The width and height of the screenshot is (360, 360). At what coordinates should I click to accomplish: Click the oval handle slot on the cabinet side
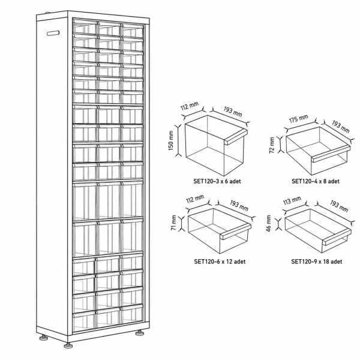point(53,33)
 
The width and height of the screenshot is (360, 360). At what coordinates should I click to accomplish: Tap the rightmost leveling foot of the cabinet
point(139,332)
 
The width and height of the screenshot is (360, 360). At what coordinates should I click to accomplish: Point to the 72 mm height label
point(272,145)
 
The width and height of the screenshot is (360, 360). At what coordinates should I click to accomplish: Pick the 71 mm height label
point(174,223)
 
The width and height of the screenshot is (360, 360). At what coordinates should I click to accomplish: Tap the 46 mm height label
point(269,223)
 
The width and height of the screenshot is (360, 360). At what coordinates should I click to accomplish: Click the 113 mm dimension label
point(292,201)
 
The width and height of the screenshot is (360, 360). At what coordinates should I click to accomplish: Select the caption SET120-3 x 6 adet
point(217,181)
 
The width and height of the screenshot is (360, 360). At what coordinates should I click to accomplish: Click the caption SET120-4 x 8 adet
point(316,181)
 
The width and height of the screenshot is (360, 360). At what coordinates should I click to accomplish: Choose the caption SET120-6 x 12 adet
point(220,262)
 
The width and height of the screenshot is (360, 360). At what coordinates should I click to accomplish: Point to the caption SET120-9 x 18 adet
point(317,262)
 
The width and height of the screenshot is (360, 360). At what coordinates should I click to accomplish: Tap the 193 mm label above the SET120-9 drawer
point(339,206)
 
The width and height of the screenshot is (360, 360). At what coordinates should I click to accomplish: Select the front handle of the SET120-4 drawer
point(331,154)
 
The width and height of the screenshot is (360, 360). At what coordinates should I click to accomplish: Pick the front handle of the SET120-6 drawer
point(236,232)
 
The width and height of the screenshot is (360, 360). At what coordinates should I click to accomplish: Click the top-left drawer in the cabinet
point(85,26)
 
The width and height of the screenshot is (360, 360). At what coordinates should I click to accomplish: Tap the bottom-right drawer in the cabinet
point(133,314)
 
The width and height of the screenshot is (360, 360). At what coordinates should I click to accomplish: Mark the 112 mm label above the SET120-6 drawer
point(195,200)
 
